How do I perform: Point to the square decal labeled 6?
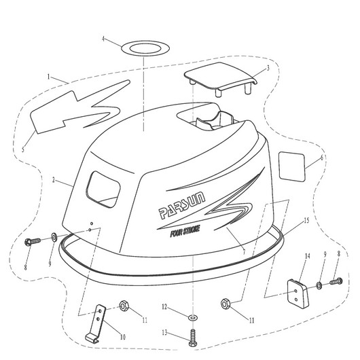pos(292,166)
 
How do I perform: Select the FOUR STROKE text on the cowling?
pos(185,232)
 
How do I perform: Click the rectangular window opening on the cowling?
pos(103,190)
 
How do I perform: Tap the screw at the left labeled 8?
pos(33,241)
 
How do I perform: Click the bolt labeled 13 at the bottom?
pos(193,338)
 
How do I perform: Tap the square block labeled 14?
pos(298,293)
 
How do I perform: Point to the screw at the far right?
pos(336,281)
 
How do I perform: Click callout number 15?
pos(306,221)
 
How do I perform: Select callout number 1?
pos(48,77)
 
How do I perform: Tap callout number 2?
pos(54,180)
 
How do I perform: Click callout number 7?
pos(244,252)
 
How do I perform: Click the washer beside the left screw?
pos(54,237)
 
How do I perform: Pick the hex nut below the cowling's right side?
pos(226,304)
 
